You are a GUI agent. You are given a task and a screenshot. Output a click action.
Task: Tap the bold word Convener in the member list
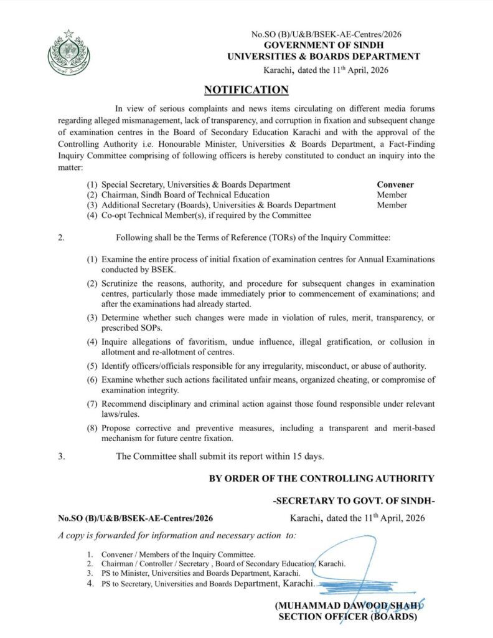point(395,184)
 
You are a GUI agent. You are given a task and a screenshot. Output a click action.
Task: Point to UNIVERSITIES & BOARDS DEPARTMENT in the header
point(324,57)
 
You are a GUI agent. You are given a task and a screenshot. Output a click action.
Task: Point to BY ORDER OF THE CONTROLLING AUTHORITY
point(321,478)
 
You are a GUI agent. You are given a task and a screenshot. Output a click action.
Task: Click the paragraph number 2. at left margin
point(61,238)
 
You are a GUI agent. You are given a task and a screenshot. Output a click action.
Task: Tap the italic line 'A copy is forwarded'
point(177,535)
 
